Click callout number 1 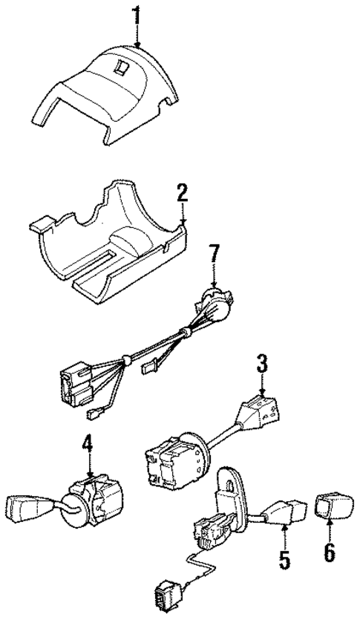point(135,16)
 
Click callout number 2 point(182,195)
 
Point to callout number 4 point(88,445)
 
